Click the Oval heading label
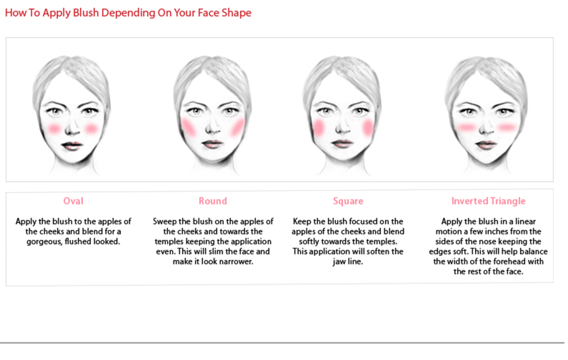[x=73, y=201]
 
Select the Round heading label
[x=213, y=201]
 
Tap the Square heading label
[x=348, y=201]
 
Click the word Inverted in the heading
[x=470, y=201]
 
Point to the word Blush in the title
[x=86, y=12]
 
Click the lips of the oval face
[x=72, y=145]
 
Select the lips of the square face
[x=342, y=144]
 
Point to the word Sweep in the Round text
[x=165, y=222]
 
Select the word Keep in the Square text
[x=302, y=222]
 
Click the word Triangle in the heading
[x=508, y=201]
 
